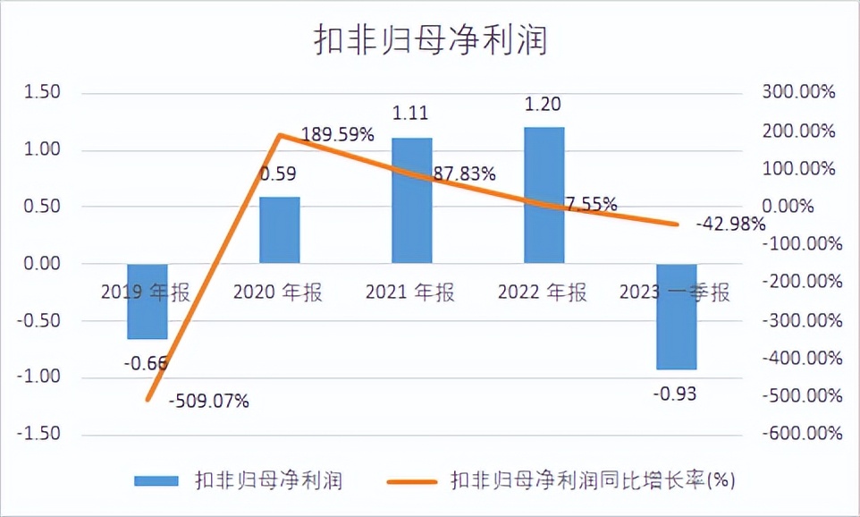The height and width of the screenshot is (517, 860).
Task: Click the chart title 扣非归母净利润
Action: [x=429, y=41]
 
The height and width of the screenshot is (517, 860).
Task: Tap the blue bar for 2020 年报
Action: [x=279, y=230]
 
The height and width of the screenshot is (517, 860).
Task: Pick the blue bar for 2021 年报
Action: [x=411, y=200]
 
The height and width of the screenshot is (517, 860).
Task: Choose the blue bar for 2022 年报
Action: [x=544, y=195]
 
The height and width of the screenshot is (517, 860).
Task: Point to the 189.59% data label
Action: [x=337, y=135]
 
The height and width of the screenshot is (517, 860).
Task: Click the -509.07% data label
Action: [x=208, y=401]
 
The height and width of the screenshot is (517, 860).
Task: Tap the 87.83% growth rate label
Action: [x=464, y=174]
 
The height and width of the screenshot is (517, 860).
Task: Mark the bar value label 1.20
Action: [x=544, y=105]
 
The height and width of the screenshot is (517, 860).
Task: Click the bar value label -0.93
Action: [x=676, y=394]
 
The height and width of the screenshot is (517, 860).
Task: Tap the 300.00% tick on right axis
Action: [x=798, y=93]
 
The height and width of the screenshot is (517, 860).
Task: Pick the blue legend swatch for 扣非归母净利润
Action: [x=156, y=481]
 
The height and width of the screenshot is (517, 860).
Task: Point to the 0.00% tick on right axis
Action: [x=805, y=207]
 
